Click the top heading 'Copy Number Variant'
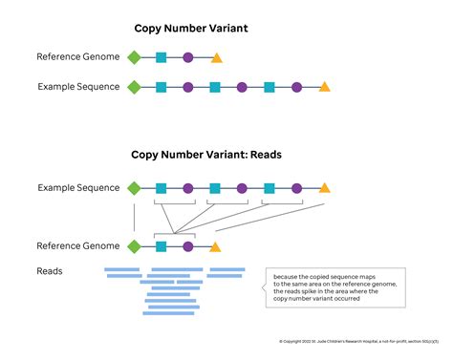click(x=189, y=29)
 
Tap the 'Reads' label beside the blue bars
click(x=50, y=271)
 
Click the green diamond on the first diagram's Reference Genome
click(x=134, y=57)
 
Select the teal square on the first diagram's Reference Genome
click(x=161, y=57)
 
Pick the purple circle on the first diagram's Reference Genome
click(x=188, y=57)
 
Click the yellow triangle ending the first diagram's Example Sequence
click(x=324, y=87)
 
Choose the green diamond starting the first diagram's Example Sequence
click(x=134, y=87)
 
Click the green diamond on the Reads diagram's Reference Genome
click(x=134, y=246)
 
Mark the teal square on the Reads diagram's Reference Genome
click(x=161, y=246)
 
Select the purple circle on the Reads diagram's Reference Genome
click(x=188, y=246)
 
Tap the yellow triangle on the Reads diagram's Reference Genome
click(x=216, y=246)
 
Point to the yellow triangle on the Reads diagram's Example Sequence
click(x=324, y=188)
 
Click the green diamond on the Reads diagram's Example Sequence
click(x=134, y=188)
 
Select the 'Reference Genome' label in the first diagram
click(x=78, y=57)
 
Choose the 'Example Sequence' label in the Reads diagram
click(x=78, y=188)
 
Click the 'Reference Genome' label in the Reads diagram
click(x=78, y=246)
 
